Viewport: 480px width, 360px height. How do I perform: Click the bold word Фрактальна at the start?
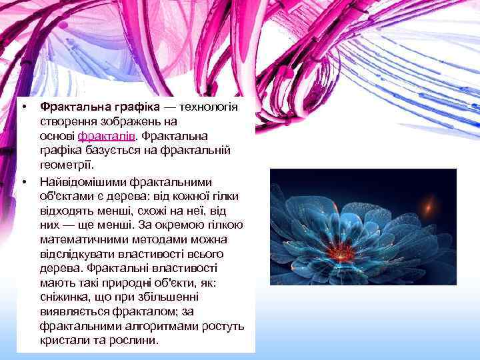[71, 107]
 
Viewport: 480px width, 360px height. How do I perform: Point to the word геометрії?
[67, 165]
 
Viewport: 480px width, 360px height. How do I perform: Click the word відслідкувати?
[75, 254]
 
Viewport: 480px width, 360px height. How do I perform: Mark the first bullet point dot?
[23, 107]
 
